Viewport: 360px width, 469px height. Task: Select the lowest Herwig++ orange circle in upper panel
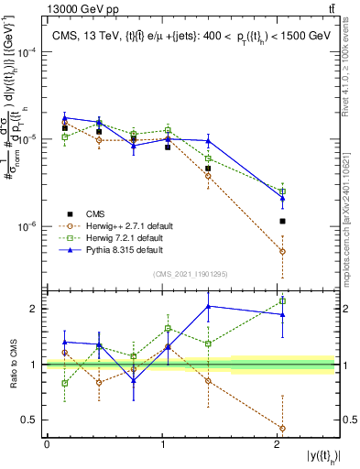tap(282, 251)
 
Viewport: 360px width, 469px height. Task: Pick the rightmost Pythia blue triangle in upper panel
tap(282, 197)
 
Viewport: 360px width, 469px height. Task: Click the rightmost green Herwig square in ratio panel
tap(282, 300)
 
